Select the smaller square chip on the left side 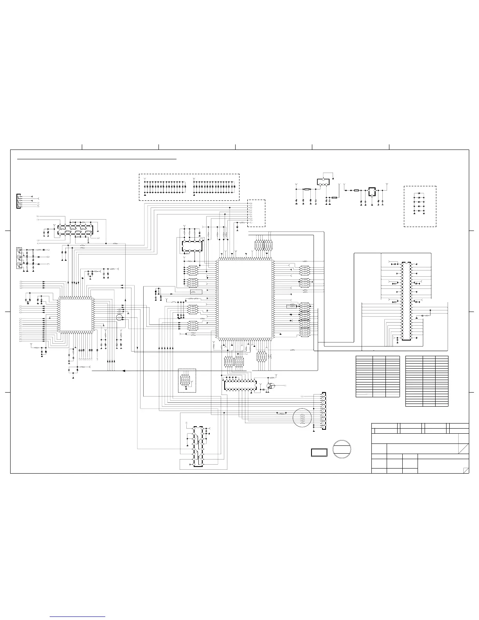[76, 315]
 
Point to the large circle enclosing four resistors [302, 418]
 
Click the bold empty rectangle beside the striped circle [319, 452]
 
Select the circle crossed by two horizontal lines [342, 449]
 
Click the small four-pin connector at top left [18, 201]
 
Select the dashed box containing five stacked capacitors [420, 206]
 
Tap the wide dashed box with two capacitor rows [189, 187]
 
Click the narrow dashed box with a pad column [256, 213]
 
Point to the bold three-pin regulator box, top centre [323, 182]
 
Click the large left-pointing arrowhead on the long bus [124, 371]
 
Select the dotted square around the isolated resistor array [187, 380]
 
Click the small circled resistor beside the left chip [120, 318]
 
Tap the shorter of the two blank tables [378, 377]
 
